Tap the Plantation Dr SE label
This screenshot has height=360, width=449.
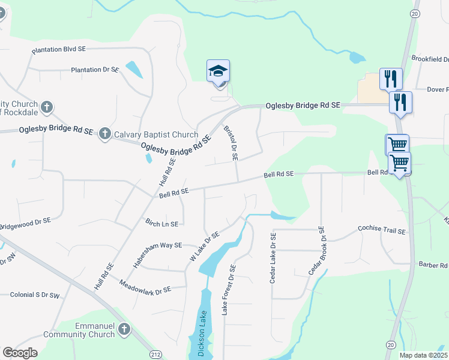pos(95,70)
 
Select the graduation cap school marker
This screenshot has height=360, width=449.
pos(218,72)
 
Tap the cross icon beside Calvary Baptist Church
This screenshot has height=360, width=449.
pos(105,134)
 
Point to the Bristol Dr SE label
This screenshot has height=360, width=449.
pos(231,143)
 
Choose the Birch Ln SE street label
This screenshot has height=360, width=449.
pos(162,223)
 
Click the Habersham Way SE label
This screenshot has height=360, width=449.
pos(157,254)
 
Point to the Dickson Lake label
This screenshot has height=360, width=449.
pos(202,333)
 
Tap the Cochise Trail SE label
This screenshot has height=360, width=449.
pos(382,229)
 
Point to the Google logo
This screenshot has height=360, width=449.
pos(20,353)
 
